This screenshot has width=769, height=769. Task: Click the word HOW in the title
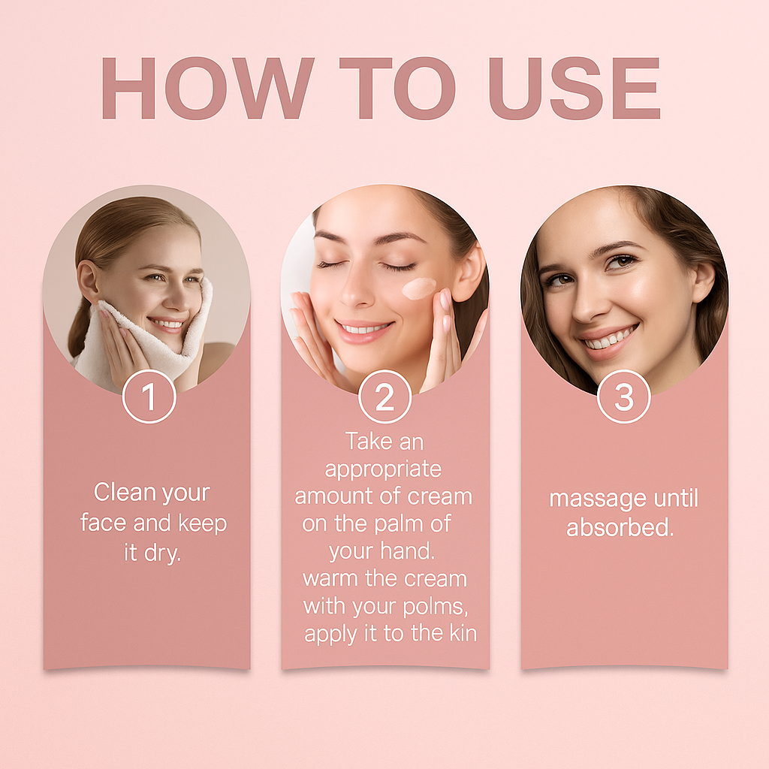pos(207,89)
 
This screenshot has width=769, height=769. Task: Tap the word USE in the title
pos(574,89)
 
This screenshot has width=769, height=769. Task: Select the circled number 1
pos(149,397)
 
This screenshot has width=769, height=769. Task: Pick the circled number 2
pos(385,397)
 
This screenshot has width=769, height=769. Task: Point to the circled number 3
pos(624,397)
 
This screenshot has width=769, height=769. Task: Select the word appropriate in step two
pos(383,469)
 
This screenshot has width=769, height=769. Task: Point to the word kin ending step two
pos(463,633)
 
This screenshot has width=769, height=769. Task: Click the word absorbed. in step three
pos(620,527)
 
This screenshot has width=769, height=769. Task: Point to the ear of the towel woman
pos(89,282)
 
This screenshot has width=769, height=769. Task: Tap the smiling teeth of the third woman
pos(610,339)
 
